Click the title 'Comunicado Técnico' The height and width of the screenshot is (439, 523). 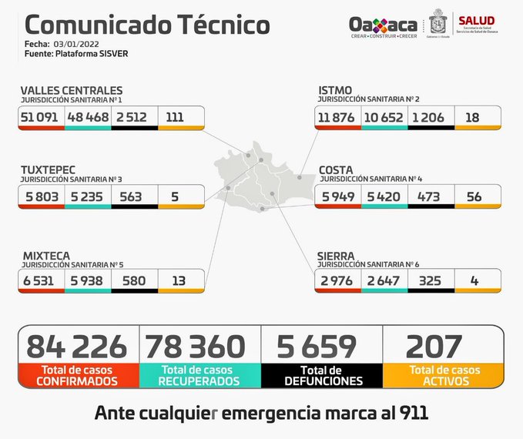[142, 25]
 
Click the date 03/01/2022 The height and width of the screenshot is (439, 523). [79, 45]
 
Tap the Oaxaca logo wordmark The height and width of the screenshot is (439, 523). [383, 25]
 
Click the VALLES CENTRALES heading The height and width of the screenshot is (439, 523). [72, 90]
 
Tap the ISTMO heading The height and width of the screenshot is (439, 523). [337, 90]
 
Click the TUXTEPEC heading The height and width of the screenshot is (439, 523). [50, 168]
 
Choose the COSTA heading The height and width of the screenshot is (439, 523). [337, 168]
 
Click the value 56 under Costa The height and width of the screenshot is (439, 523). [474, 196]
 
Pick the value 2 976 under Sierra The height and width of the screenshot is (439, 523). [337, 280]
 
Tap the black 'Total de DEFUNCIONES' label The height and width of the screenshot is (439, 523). [322, 376]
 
